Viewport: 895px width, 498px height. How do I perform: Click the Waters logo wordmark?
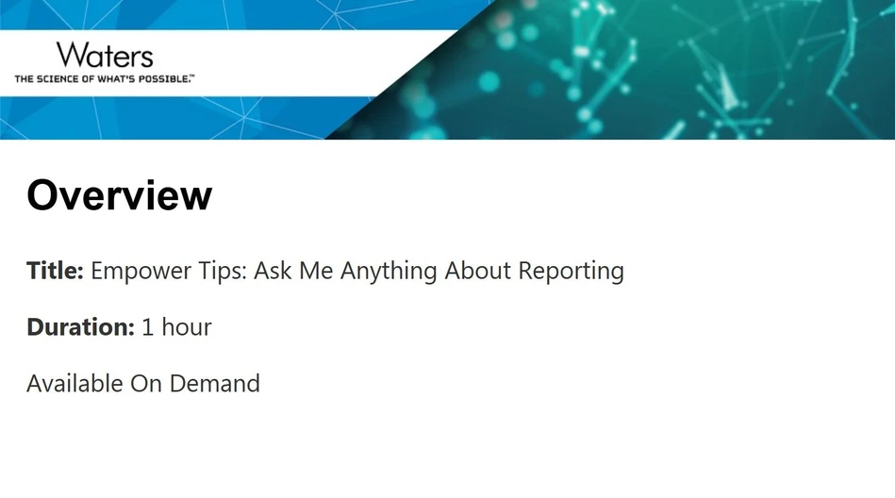104,55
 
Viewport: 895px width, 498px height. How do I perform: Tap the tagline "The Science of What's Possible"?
104,79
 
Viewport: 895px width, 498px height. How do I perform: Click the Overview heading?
120,195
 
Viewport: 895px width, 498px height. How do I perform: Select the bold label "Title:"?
55,271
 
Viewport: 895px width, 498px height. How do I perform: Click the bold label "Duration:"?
80,327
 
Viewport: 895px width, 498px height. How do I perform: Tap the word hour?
187,327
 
